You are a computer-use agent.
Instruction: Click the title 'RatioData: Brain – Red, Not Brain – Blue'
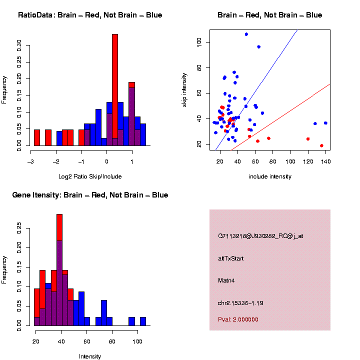pyautogui.click(x=90, y=15)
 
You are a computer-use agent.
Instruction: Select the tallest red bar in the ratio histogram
pyautogui.click(x=115, y=90)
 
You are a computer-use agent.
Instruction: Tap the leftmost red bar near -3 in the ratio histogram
pyautogui.click(x=36, y=137)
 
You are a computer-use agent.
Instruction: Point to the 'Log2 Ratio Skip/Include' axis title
pyautogui.click(x=90, y=176)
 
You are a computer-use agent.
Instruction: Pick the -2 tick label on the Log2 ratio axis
pyautogui.click(x=56, y=161)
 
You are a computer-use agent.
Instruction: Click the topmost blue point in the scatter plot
pyautogui.click(x=246, y=34)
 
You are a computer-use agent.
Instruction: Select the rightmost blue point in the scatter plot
pyautogui.click(x=325, y=123)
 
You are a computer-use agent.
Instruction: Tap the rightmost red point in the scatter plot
pyautogui.click(x=321, y=145)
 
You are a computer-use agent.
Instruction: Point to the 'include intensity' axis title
pyautogui.click(x=270, y=176)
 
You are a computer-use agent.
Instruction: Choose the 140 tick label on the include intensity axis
pyautogui.click(x=325, y=161)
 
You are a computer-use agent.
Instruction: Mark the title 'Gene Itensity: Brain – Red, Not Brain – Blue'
pyautogui.click(x=90, y=195)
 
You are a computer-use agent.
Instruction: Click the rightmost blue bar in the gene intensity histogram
pyautogui.click(x=143, y=321)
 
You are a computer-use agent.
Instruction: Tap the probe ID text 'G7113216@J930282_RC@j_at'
pyautogui.click(x=260, y=236)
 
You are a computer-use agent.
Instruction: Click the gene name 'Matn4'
pyautogui.click(x=226, y=280)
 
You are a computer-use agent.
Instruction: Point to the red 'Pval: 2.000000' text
pyautogui.click(x=238, y=319)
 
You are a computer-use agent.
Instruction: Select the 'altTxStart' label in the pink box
pyautogui.click(x=231, y=258)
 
